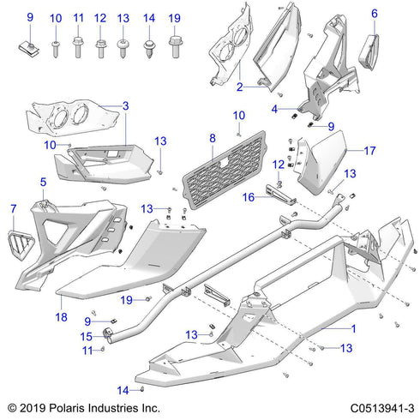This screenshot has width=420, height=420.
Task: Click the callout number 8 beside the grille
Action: pyautogui.click(x=211, y=137)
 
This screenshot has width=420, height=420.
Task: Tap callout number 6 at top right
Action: pyautogui.click(x=374, y=14)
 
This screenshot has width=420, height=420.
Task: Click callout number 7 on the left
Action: pyautogui.click(x=13, y=208)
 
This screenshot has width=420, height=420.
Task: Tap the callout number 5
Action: pyautogui.click(x=42, y=182)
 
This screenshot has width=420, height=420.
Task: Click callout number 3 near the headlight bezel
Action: pyautogui.click(x=126, y=105)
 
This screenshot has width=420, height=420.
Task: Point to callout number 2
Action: pyautogui.click(x=240, y=86)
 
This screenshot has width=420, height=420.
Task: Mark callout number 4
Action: pyautogui.click(x=274, y=109)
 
